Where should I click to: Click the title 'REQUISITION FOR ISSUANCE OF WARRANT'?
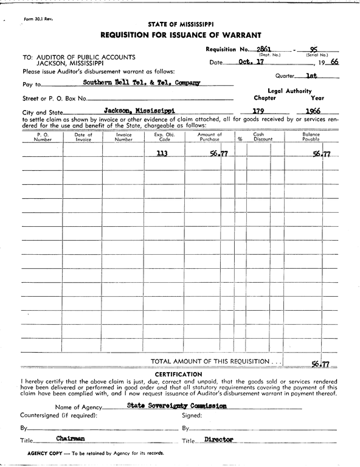[x=181, y=35]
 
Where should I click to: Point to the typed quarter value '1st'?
[x=311, y=76]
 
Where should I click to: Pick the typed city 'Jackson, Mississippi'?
[x=139, y=111]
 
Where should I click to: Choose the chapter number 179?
[x=261, y=111]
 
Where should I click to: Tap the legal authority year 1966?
[x=314, y=111]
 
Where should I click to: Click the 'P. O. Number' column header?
[x=43, y=137]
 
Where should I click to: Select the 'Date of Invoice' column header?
[x=83, y=137]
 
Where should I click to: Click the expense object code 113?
[x=161, y=154]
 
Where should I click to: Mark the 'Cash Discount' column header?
[x=258, y=137]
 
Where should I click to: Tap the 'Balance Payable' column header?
[x=311, y=137]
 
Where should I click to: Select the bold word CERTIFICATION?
[x=179, y=374]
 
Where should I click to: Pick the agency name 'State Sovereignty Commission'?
[x=177, y=406]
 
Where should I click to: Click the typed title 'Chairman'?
[x=71, y=438]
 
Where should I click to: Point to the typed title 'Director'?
[x=219, y=438]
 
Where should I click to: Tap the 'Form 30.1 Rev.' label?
[x=38, y=19]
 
